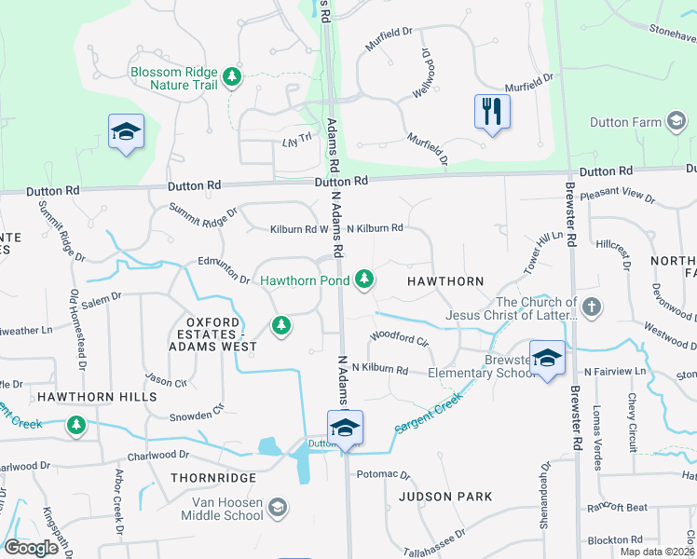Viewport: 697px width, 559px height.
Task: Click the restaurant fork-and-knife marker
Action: (x=492, y=112)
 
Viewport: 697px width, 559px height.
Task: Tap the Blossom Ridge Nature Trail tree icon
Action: (x=231, y=75)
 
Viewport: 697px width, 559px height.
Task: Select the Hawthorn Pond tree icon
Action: (x=364, y=279)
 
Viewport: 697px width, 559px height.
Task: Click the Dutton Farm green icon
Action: (x=674, y=122)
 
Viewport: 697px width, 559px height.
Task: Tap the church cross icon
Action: (x=591, y=307)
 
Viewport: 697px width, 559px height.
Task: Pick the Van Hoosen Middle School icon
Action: (x=277, y=508)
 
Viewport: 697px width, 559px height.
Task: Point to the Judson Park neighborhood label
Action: (x=444, y=497)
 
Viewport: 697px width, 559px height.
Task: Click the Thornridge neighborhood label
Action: (x=212, y=477)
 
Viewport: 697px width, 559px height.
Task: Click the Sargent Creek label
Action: (x=429, y=414)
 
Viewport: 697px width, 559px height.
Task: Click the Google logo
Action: (x=31, y=548)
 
